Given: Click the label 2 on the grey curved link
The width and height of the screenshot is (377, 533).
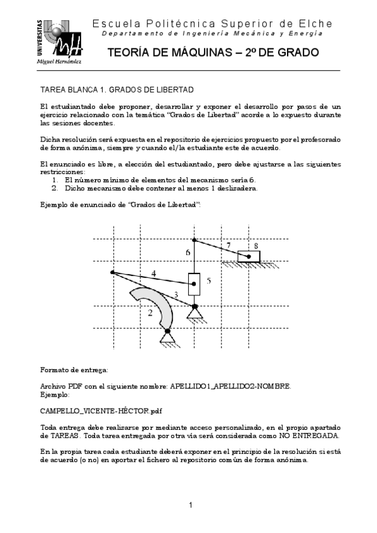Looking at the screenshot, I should [x=150, y=312].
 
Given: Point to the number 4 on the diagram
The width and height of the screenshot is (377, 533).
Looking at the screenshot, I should [x=154, y=273].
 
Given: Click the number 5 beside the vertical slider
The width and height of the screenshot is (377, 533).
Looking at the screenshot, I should [x=209, y=280].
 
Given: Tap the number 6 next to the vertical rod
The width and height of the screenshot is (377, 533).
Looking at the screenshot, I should [x=188, y=253].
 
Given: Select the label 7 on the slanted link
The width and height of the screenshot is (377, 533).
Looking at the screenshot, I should [x=228, y=245].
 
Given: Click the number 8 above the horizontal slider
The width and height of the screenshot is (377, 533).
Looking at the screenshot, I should [x=256, y=245].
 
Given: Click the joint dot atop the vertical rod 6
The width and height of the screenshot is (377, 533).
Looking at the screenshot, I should [x=194, y=240].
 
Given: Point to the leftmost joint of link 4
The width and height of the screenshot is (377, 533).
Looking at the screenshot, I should [x=112, y=272].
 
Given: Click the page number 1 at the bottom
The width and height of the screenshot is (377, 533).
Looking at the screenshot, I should [x=190, y=505].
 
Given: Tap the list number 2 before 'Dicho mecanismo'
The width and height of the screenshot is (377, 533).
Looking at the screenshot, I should [x=55, y=187].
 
